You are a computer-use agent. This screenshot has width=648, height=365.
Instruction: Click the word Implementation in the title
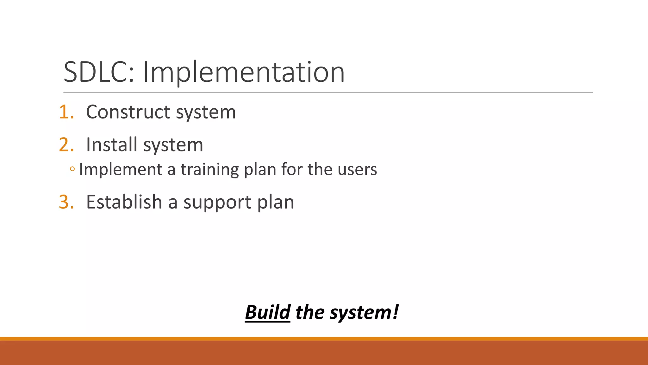(x=244, y=72)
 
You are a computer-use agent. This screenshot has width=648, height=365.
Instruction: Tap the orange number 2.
(x=66, y=145)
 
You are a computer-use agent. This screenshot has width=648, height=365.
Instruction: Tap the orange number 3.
(x=66, y=202)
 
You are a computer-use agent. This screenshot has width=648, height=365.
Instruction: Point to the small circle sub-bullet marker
(x=72, y=169)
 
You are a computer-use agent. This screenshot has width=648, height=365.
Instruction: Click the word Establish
(x=124, y=202)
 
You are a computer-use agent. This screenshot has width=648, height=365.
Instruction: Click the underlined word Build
(x=268, y=312)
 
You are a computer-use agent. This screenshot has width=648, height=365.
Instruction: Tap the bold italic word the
(x=310, y=312)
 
